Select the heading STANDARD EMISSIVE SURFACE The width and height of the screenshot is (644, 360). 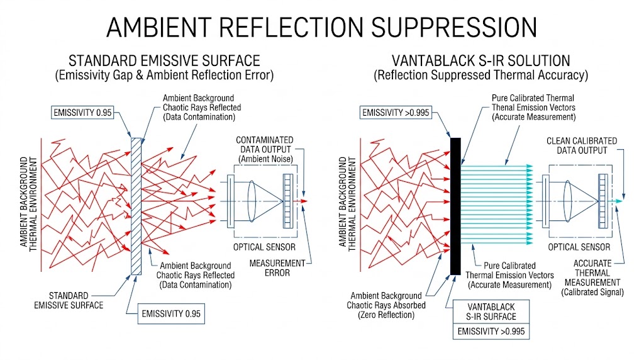pyautogui.click(x=164, y=61)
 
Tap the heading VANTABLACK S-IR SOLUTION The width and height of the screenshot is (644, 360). pyautogui.click(x=480, y=61)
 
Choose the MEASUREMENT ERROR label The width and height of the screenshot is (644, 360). pyautogui.click(x=276, y=267)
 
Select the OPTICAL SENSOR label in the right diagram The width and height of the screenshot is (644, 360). pyautogui.click(x=579, y=247)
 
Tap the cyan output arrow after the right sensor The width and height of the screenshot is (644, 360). pyautogui.click(x=619, y=201)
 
